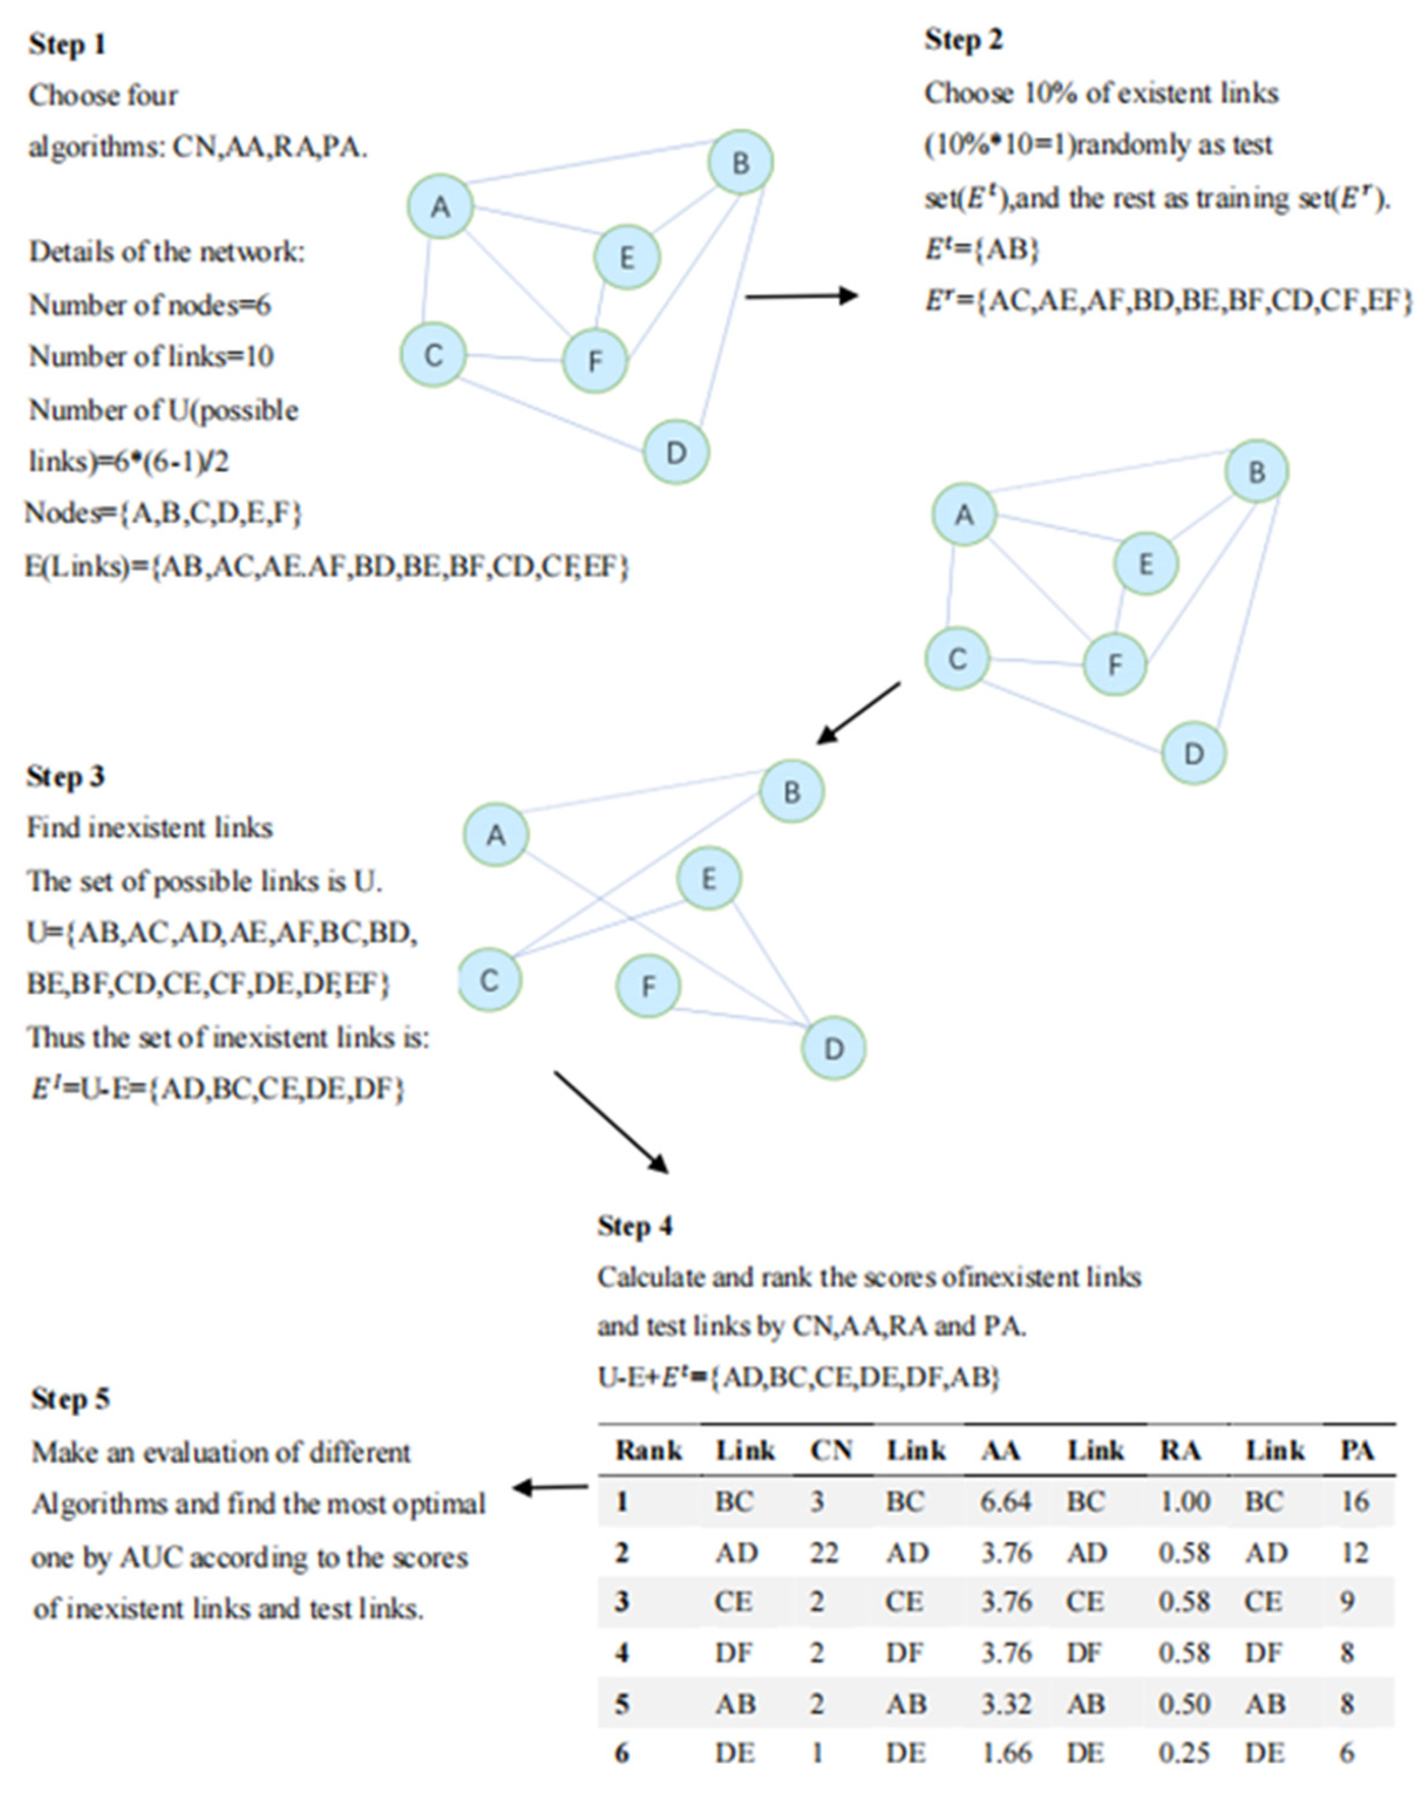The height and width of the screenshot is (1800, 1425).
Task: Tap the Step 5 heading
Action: click(70, 1399)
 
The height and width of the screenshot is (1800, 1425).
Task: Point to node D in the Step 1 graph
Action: click(676, 453)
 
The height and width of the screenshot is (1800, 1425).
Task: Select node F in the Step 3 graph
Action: click(648, 987)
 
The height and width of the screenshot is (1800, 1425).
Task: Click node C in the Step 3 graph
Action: click(489, 980)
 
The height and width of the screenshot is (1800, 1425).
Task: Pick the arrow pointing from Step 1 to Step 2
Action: click(801, 295)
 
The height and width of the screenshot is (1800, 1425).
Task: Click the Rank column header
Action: click(648, 1451)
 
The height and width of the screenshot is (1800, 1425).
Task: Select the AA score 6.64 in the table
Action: click(1006, 1501)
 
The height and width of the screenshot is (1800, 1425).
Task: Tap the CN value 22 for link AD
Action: click(824, 1552)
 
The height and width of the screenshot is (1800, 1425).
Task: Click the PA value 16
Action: click(1355, 1501)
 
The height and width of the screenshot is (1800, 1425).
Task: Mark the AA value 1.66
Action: click(1006, 1753)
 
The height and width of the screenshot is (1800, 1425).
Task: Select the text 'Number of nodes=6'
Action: click(150, 305)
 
